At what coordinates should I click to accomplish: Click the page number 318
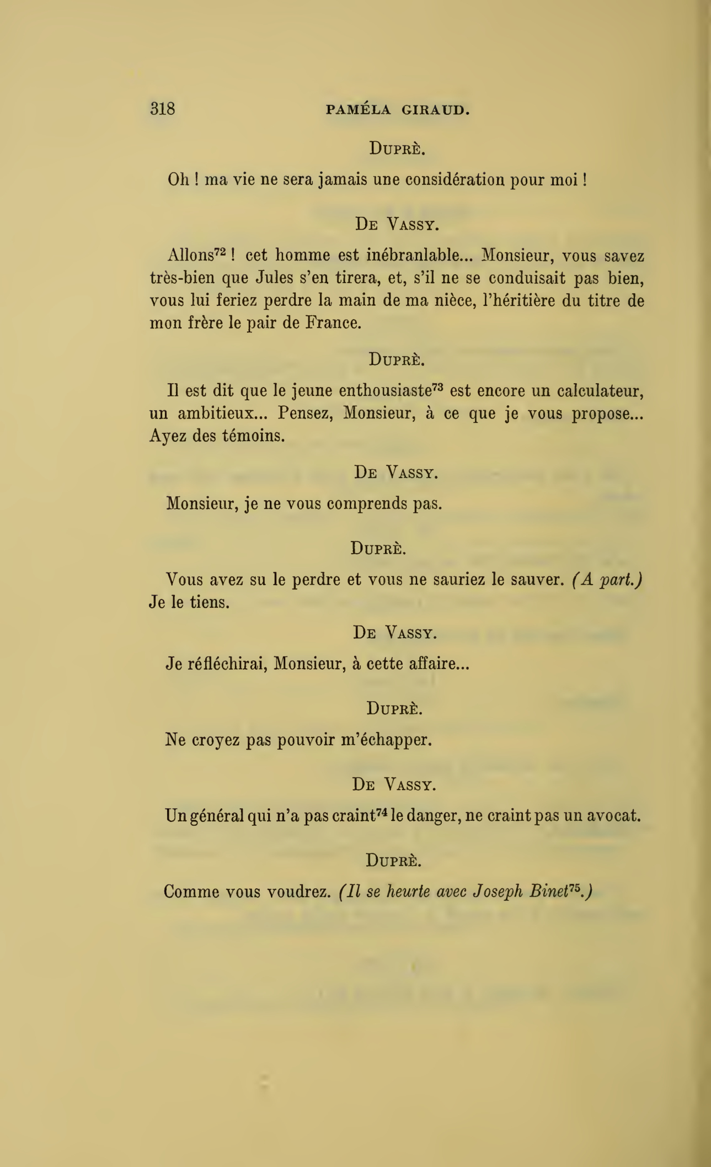(x=162, y=108)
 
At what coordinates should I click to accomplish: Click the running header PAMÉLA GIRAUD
(x=397, y=110)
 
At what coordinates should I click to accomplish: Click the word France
(x=333, y=323)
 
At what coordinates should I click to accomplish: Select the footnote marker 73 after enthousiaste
(x=438, y=386)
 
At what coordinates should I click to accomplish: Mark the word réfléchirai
(x=227, y=663)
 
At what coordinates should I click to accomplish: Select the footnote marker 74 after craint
(x=383, y=811)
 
